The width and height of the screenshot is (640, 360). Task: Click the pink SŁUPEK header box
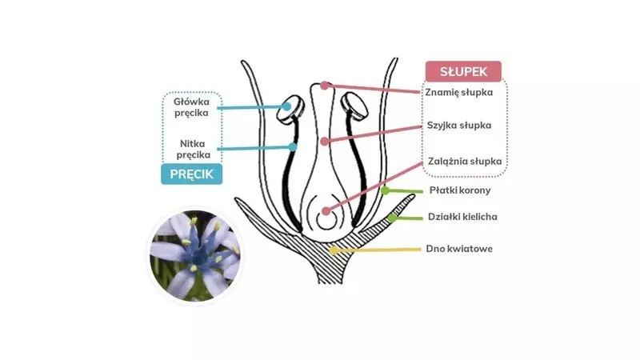click(463, 71)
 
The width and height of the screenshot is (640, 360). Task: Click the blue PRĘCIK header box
click(191, 174)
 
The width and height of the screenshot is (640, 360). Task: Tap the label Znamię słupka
click(458, 92)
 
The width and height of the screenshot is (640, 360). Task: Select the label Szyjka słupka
click(459, 126)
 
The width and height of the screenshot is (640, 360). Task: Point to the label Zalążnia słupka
click(465, 162)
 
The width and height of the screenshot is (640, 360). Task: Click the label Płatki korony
click(460, 190)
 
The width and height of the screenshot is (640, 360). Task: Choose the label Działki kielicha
click(462, 217)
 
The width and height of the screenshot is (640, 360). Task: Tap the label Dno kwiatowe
click(459, 249)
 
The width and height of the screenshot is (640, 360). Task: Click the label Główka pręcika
click(191, 107)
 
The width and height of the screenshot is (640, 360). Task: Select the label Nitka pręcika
click(193, 149)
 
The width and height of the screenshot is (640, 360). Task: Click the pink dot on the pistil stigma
click(324, 86)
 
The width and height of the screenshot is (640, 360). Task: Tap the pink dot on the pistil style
click(324, 142)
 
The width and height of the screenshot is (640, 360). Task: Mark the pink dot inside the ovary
click(326, 211)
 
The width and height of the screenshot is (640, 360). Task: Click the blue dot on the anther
click(287, 106)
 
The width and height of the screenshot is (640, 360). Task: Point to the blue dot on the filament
click(293, 147)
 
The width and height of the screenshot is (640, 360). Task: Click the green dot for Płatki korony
click(385, 190)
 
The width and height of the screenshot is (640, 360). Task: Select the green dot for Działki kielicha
click(391, 218)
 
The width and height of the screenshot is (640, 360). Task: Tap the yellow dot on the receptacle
click(334, 250)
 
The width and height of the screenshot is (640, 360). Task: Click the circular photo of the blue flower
click(194, 256)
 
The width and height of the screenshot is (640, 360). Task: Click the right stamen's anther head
click(354, 106)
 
